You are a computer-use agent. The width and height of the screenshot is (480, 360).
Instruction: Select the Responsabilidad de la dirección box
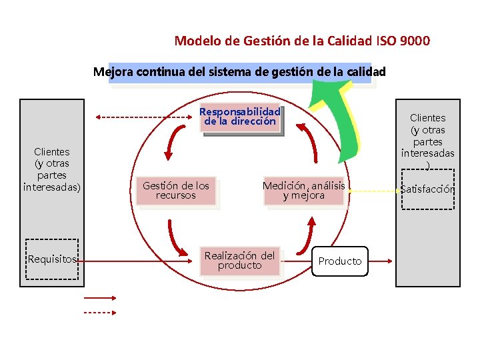coord(240,117)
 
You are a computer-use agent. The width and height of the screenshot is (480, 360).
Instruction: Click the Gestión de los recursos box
coord(176,191)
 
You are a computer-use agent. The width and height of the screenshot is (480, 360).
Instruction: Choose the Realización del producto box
coord(239,261)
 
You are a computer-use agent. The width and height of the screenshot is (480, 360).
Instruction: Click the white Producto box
coord(340,261)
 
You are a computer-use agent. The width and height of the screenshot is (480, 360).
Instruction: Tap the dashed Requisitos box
coord(51,259)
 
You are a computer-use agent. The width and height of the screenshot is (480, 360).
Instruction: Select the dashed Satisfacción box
coord(428,189)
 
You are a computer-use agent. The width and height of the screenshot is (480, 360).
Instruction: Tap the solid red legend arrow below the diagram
coord(100,299)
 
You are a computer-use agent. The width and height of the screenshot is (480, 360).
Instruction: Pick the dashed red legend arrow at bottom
coord(100,311)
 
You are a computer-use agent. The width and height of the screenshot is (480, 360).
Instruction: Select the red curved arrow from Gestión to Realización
coord(177,236)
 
